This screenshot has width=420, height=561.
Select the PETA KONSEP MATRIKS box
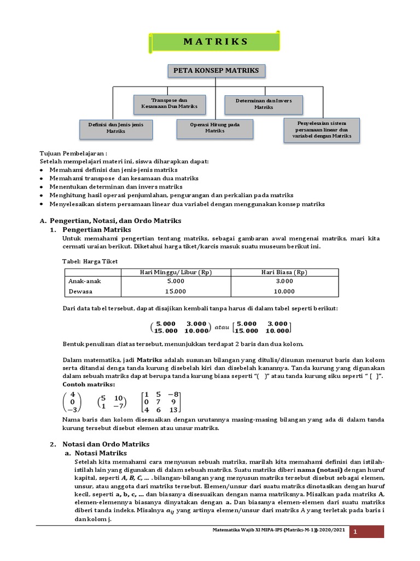[x=215, y=71]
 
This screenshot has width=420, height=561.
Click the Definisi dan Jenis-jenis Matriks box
[x=115, y=128]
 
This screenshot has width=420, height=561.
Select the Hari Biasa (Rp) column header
[x=284, y=272]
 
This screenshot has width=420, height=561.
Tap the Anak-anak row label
[x=85, y=281]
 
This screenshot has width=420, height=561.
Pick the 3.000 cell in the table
[x=284, y=281]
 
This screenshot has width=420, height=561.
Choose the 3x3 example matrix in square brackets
[x=161, y=402]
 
